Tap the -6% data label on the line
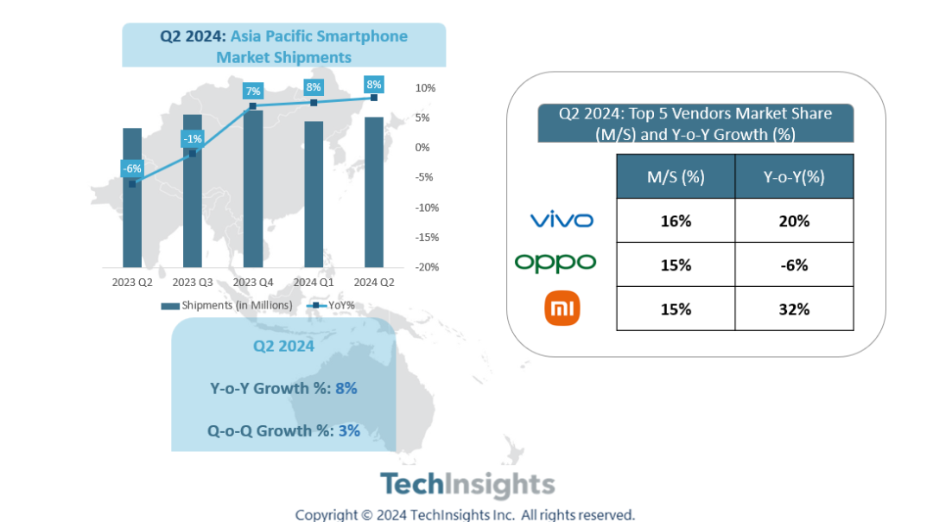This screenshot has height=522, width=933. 131,169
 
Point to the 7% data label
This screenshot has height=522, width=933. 253,91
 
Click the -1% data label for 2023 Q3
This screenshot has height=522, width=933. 192,138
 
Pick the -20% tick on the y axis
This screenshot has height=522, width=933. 427,267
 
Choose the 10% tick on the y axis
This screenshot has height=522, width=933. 426,88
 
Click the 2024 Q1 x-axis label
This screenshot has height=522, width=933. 314,283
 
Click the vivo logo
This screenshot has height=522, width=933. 562,220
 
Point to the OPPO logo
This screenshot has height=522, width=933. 555,263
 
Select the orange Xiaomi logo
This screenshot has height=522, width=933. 562,309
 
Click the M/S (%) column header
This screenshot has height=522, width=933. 676,177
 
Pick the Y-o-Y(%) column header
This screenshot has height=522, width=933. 794,177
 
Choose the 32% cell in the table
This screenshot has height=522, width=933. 794,309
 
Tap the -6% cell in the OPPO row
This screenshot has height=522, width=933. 794,264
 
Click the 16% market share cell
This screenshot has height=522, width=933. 676,220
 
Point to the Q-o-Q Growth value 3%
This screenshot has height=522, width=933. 349,430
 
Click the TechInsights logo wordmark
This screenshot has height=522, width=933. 467,484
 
